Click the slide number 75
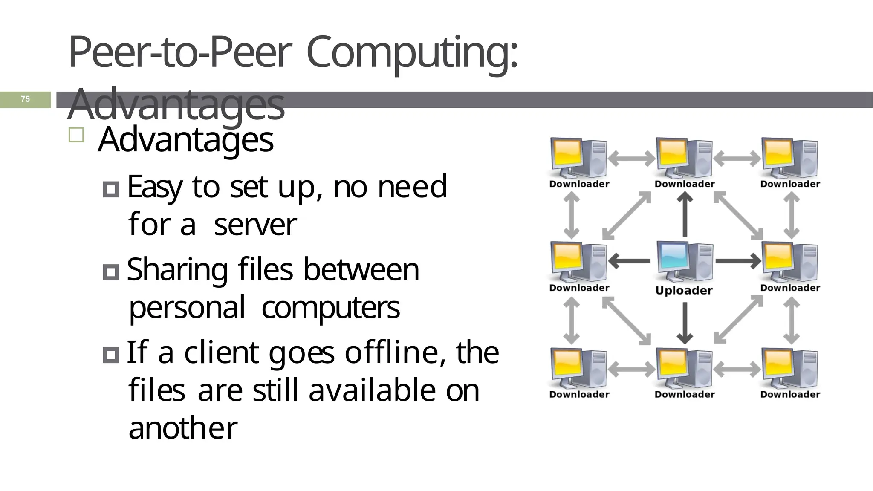pyautogui.click(x=25, y=99)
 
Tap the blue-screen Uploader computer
pyautogui.click(x=685, y=262)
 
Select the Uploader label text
pyautogui.click(x=684, y=291)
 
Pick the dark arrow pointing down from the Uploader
pyautogui.click(x=685, y=323)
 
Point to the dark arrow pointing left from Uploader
pyautogui.click(x=630, y=261)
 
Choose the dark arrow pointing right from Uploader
pyautogui.click(x=738, y=261)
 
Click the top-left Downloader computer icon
pyautogui.click(x=578, y=158)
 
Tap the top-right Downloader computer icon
pyautogui.click(x=790, y=158)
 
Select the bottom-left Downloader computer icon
pyautogui.click(x=578, y=368)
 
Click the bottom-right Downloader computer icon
pyautogui.click(x=790, y=368)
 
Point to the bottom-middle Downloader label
pyautogui.click(x=685, y=395)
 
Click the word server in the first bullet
pyautogui.click(x=255, y=225)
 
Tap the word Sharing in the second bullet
pyautogui.click(x=177, y=270)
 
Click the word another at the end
pyautogui.click(x=183, y=428)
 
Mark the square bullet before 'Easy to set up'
pyautogui.click(x=111, y=189)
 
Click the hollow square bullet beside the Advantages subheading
pyautogui.click(x=76, y=135)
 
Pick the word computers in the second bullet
pyautogui.click(x=330, y=308)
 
